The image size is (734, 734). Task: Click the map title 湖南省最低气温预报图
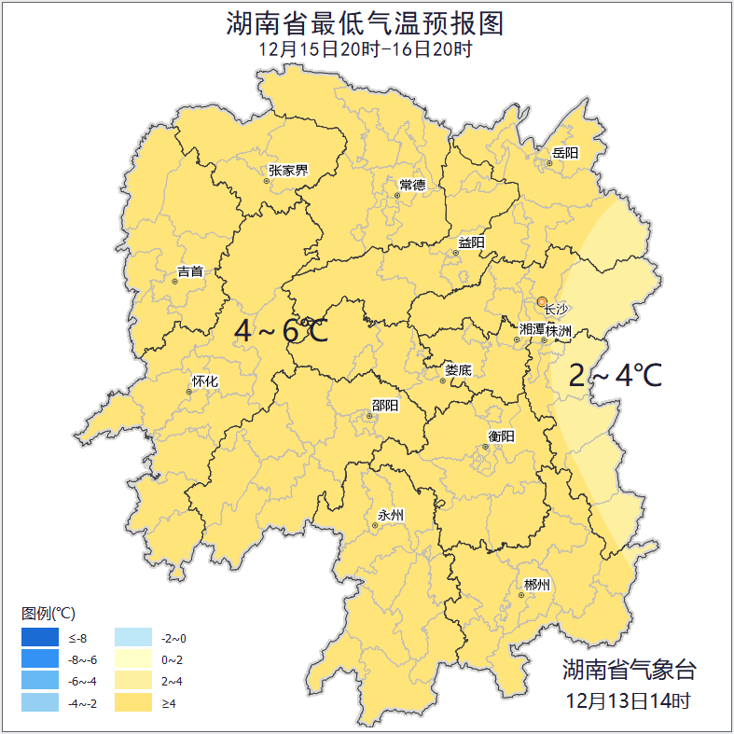pyautogui.click(x=366, y=23)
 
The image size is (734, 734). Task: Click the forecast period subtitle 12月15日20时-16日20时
pyautogui.click(x=366, y=49)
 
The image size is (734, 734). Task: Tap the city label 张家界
pyautogui.click(x=287, y=171)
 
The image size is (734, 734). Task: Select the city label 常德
pyautogui.click(x=411, y=185)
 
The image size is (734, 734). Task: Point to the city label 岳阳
pyautogui.click(x=564, y=153)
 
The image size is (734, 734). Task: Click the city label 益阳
pyautogui.click(x=471, y=243)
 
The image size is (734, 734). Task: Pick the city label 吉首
pyautogui.click(x=189, y=271)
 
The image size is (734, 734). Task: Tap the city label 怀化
pyautogui.click(x=204, y=381)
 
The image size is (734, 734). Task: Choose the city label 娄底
pyautogui.click(x=458, y=370)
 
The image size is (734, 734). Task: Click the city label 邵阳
pyautogui.click(x=384, y=406)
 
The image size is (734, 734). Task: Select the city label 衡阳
pyautogui.click(x=501, y=436)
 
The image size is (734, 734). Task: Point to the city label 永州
pyautogui.click(x=390, y=515)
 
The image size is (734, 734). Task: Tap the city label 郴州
pyautogui.click(x=536, y=585)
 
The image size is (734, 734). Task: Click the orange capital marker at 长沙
pyautogui.click(x=542, y=301)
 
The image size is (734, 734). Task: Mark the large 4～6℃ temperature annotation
pyautogui.click(x=281, y=330)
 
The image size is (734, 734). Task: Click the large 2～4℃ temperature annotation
pyautogui.click(x=616, y=376)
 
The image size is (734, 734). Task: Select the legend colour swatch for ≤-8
pyautogui.click(x=40, y=638)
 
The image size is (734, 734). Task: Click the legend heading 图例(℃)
pyautogui.click(x=48, y=613)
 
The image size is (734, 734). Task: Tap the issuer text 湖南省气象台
pyautogui.click(x=629, y=669)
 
